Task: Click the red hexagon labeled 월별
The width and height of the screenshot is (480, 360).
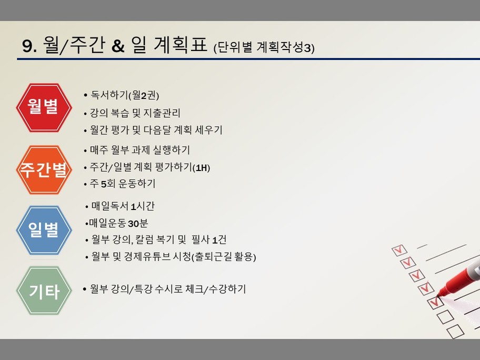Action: coord(44,108)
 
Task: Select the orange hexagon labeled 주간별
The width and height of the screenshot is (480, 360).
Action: coord(44,170)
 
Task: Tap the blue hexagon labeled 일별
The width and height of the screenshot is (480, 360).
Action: coord(44,230)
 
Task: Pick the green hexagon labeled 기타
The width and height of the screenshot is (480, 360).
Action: coord(44,291)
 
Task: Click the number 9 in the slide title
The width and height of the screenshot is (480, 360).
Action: coord(27,46)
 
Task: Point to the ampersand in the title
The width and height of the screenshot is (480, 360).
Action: coord(118,46)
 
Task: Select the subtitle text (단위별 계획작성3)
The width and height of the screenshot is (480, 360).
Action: coord(264,47)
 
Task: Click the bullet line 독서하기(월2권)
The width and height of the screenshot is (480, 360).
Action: coord(125,95)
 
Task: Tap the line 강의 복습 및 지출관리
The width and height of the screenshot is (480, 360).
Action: coord(135,113)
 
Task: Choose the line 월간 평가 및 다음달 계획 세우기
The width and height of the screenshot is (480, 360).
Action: coord(156,130)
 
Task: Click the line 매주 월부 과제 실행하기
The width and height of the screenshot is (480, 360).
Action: coord(140,150)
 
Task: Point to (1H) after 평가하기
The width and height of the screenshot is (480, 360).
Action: coord(201,168)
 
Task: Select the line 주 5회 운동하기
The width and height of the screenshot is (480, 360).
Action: coord(123,184)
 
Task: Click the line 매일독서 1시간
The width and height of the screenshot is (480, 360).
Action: coord(123,206)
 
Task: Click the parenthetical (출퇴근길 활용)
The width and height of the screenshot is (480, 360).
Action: coord(224,256)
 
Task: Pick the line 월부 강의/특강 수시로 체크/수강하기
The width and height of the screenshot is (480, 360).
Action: coord(168,289)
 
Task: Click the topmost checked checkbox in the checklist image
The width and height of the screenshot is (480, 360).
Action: coord(399,250)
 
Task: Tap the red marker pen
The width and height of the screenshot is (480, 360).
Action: coord(458,275)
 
